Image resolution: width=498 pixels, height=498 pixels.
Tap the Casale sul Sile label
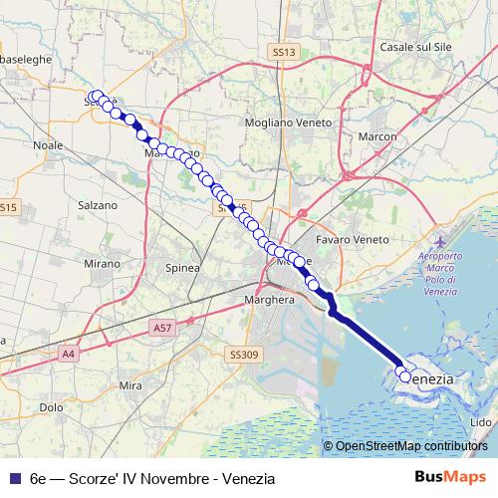pos(413,47)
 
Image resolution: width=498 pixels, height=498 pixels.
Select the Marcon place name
pos(377,136)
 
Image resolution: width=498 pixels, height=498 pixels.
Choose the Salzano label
pos(98,204)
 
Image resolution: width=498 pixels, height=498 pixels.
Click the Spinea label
pos(182,267)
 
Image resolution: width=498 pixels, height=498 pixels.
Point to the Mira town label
pos(130,384)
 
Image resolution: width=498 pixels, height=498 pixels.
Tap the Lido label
pos(480,422)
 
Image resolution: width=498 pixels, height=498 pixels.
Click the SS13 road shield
pos(284,51)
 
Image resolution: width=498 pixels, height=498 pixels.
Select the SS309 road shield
pos(243,354)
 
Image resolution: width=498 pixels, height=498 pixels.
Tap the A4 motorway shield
pos(69,353)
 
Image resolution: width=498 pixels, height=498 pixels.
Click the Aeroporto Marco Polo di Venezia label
pos(445,268)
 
